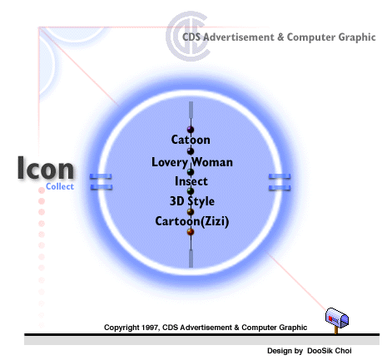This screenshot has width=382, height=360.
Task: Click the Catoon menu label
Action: [191, 140]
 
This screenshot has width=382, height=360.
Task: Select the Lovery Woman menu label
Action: [192, 162]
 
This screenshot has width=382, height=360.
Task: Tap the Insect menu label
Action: [191, 181]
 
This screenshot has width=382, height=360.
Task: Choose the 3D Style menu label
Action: [192, 201]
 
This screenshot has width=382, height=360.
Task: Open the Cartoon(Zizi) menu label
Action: [192, 221]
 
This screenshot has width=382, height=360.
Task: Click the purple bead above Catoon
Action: [191, 130]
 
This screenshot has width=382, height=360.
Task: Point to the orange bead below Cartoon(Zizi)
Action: [191, 231]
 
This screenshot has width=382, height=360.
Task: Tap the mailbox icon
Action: [337, 320]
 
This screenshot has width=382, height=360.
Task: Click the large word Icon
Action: [46, 168]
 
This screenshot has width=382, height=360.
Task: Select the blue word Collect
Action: [60, 186]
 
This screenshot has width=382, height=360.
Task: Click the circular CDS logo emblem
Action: [188, 36]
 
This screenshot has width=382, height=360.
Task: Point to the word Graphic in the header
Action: [357, 37]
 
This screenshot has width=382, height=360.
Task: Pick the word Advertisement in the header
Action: [239, 37]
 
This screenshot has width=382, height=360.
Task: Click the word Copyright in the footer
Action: [122, 328]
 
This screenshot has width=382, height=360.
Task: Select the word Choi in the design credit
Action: [343, 351]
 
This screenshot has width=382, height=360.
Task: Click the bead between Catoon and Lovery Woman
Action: [191, 151]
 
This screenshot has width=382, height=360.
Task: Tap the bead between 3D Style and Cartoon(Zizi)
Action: [191, 212]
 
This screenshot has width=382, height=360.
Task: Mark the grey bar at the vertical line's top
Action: [191, 110]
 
